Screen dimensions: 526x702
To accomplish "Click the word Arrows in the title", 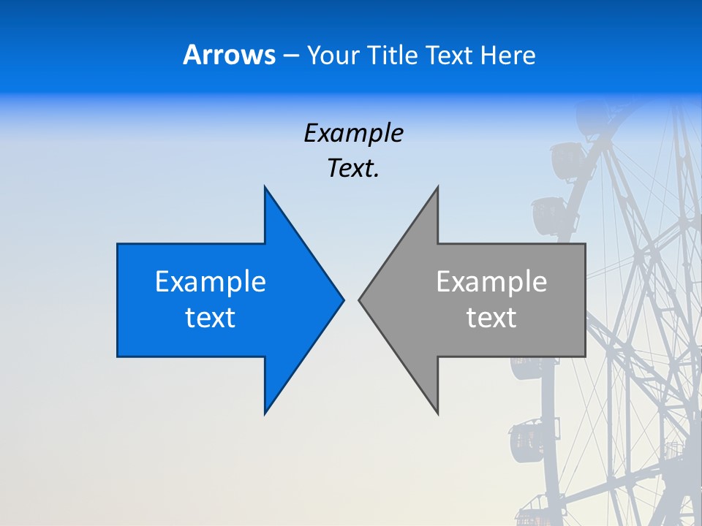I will (229, 55).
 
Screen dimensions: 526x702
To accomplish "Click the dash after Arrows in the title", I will (291, 56).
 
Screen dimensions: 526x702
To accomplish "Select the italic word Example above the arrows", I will (354, 133).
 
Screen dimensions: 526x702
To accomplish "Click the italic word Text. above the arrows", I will (354, 169).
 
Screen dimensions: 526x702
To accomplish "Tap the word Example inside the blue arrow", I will (211, 282).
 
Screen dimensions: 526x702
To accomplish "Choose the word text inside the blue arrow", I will (211, 318).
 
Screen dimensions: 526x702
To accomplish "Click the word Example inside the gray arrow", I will (491, 282).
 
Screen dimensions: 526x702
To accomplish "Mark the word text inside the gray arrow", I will (491, 318).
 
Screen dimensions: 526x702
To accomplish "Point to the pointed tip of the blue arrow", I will (342, 300).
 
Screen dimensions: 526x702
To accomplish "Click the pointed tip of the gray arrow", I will (360, 300).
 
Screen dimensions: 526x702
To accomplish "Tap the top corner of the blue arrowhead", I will (265, 188).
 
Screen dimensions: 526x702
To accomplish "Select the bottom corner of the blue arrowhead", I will (265, 413).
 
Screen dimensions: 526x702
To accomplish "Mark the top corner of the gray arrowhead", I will (437, 188).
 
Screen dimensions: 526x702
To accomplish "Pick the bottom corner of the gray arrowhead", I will (437, 413).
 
